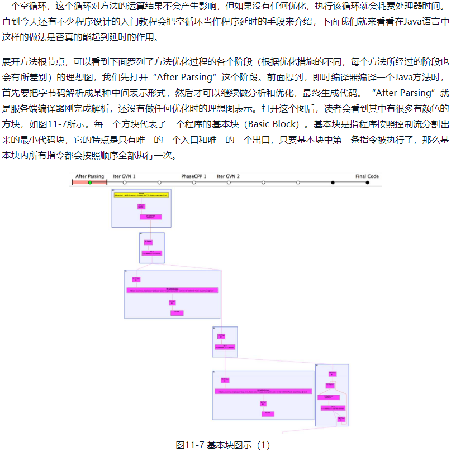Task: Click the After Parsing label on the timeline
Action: coord(89,176)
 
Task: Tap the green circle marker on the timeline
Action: coord(89,182)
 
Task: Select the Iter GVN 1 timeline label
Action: coord(124,176)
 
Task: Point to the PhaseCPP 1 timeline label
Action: coord(193,176)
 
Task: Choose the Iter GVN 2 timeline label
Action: coord(228,176)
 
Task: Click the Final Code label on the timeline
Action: coord(367,176)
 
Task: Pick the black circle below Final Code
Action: coord(367,182)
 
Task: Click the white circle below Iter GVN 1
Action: coord(124,182)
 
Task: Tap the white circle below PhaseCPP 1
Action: coord(194,182)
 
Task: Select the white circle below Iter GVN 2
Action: coord(229,182)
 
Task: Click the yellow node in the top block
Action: coord(141,195)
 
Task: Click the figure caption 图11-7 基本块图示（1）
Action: coord(223,445)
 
